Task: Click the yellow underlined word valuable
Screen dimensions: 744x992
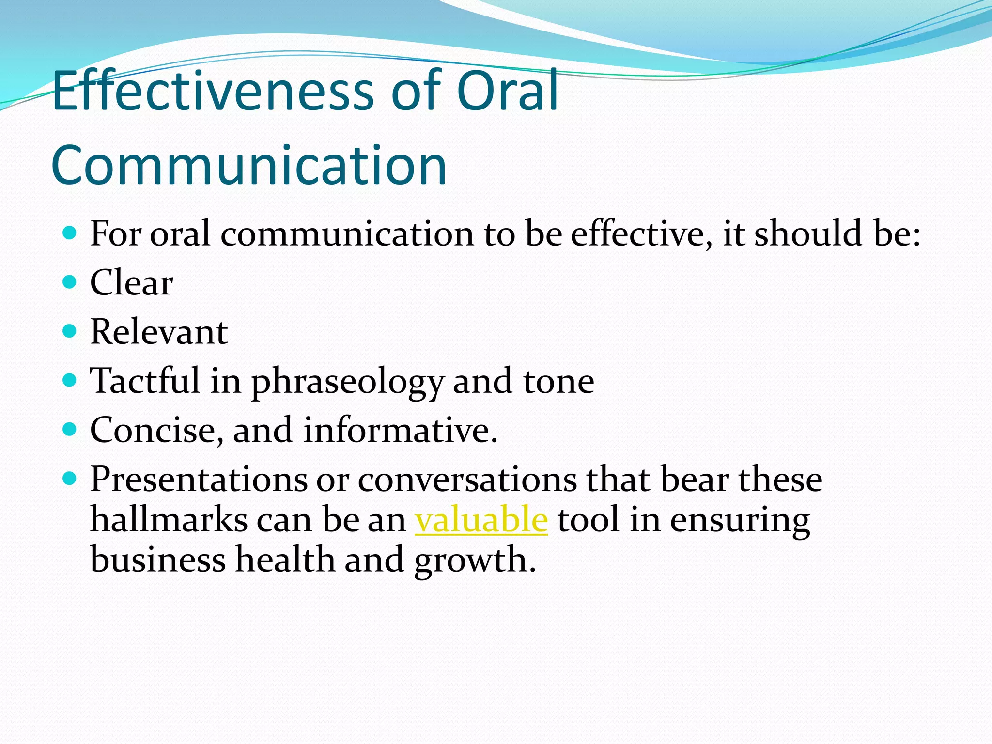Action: pos(481,519)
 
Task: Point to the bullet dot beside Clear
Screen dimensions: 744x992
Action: pos(70,281)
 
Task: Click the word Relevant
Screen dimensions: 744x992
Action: pos(159,332)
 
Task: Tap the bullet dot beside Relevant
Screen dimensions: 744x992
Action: pos(70,331)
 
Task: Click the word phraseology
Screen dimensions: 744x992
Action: pos(347,383)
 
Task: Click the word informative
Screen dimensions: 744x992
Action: pos(400,430)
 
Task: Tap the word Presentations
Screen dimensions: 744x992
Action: pos(199,480)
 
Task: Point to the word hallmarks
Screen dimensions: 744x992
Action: pos(169,519)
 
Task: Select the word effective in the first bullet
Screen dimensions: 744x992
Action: pos(641,234)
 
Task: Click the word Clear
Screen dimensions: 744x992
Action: pos(131,283)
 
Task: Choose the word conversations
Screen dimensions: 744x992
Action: pos(467,480)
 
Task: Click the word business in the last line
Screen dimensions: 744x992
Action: pos(158,560)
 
